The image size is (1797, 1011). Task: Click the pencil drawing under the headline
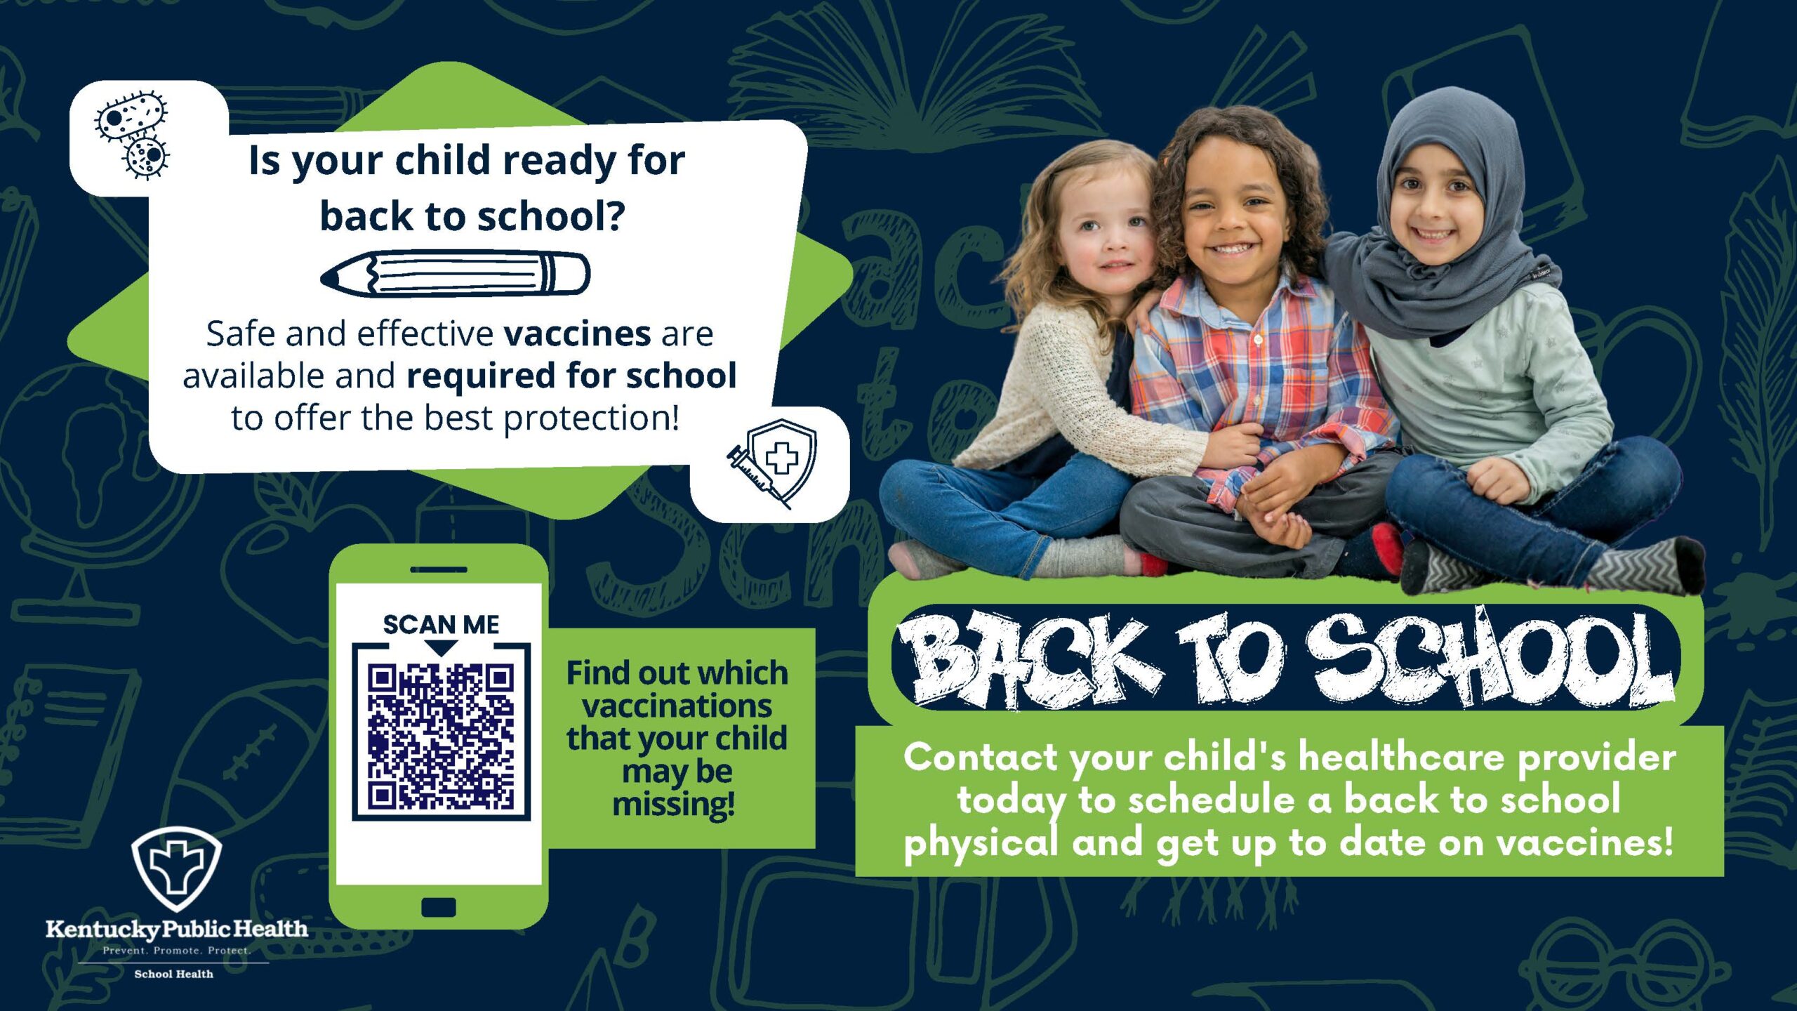pos(456,274)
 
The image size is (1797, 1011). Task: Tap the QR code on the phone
pos(441,736)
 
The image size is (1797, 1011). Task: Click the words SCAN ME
pos(441,624)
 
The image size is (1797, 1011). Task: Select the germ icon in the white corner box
pos(133,134)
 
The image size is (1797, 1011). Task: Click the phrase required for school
pos(571,376)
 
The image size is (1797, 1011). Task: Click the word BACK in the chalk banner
pos(1028,659)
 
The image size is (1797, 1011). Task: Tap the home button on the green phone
pos(439,907)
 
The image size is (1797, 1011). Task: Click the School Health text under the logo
pos(173,974)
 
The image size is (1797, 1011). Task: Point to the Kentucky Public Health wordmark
pos(177,930)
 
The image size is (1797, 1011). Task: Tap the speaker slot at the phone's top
pos(439,569)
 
